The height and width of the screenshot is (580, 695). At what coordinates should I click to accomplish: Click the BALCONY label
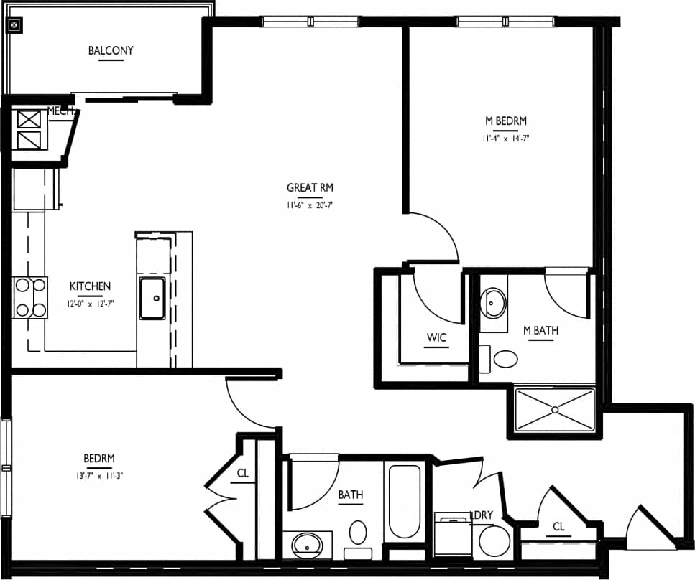[x=111, y=51]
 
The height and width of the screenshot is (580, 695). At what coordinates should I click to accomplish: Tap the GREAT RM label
[x=310, y=188]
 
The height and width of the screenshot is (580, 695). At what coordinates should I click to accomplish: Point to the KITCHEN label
[x=90, y=286]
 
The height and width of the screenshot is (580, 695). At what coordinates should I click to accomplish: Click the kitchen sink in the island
[x=152, y=298]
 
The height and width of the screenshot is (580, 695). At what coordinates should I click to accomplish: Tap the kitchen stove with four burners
[x=30, y=297]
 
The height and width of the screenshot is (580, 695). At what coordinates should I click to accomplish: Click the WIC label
[x=436, y=337]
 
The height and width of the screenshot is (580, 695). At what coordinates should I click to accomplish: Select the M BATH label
[x=540, y=331]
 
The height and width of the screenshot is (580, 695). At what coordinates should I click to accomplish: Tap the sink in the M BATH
[x=493, y=303]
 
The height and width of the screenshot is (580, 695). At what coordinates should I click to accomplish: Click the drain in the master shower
[x=554, y=410]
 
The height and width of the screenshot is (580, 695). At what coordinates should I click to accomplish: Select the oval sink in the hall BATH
[x=308, y=546]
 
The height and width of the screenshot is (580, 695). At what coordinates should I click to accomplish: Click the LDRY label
[x=481, y=515]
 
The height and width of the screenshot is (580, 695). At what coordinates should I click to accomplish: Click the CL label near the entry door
[x=558, y=527]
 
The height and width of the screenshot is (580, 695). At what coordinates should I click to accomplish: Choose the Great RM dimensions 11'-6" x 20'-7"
[x=310, y=205]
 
